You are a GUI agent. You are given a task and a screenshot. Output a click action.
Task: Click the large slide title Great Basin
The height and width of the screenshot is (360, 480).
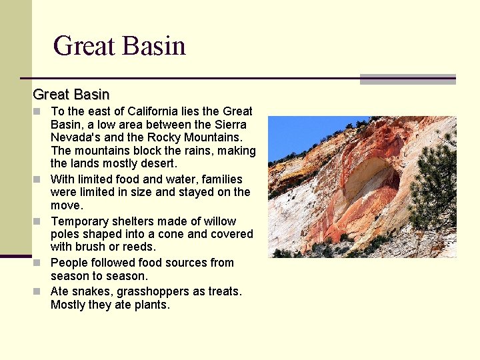tap(119, 46)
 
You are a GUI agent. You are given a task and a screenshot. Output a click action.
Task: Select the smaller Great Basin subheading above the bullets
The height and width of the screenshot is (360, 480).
tap(71, 95)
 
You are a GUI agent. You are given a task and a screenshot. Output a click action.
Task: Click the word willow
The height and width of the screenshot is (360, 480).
tap(220, 221)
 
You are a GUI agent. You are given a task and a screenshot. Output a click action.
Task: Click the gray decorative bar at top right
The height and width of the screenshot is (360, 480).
tap(407, 79)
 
